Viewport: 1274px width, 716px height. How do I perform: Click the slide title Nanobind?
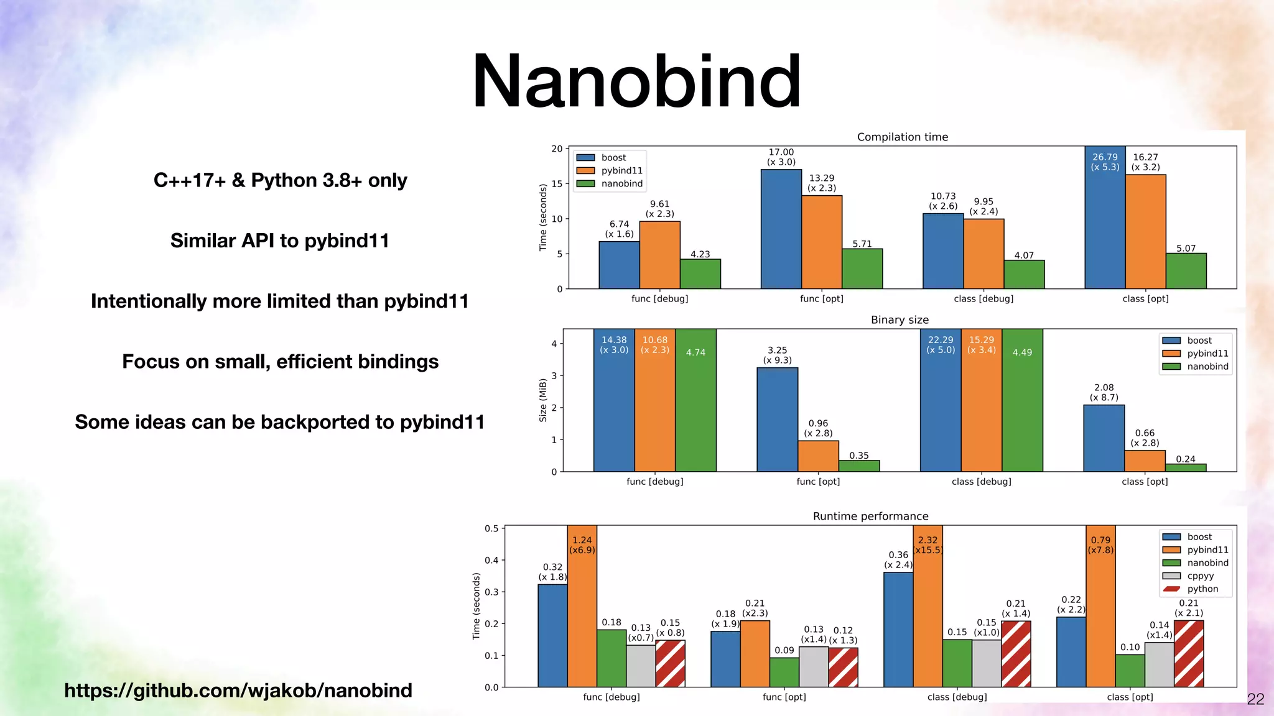point(636,81)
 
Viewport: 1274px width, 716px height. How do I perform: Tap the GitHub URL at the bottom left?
point(238,690)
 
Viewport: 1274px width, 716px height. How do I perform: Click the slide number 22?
point(1255,699)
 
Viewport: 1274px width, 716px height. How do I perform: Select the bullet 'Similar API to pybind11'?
point(279,241)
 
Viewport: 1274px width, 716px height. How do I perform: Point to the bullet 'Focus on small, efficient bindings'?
point(280,361)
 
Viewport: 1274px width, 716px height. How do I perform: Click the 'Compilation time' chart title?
point(902,137)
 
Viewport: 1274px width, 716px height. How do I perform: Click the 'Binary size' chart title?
point(900,319)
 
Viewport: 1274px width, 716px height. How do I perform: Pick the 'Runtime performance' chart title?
point(870,516)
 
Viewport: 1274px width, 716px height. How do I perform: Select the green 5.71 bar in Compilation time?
point(862,268)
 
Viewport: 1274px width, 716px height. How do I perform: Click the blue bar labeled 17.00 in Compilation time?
point(781,229)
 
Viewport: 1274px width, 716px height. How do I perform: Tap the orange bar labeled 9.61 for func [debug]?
point(659,255)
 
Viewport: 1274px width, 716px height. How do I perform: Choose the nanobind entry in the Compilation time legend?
point(621,183)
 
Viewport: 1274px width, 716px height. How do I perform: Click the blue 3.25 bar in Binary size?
point(777,420)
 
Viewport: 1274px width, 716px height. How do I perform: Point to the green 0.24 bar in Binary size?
point(1185,467)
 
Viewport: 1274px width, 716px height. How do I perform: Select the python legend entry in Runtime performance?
point(1202,589)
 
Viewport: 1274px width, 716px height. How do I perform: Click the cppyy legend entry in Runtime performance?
point(1200,576)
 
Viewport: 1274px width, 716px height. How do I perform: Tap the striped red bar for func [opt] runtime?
point(843,667)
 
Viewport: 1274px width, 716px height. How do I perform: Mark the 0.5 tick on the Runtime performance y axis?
point(491,528)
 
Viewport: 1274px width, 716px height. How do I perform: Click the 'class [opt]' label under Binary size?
point(1144,481)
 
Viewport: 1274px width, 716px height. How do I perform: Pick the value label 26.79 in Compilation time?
point(1105,157)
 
